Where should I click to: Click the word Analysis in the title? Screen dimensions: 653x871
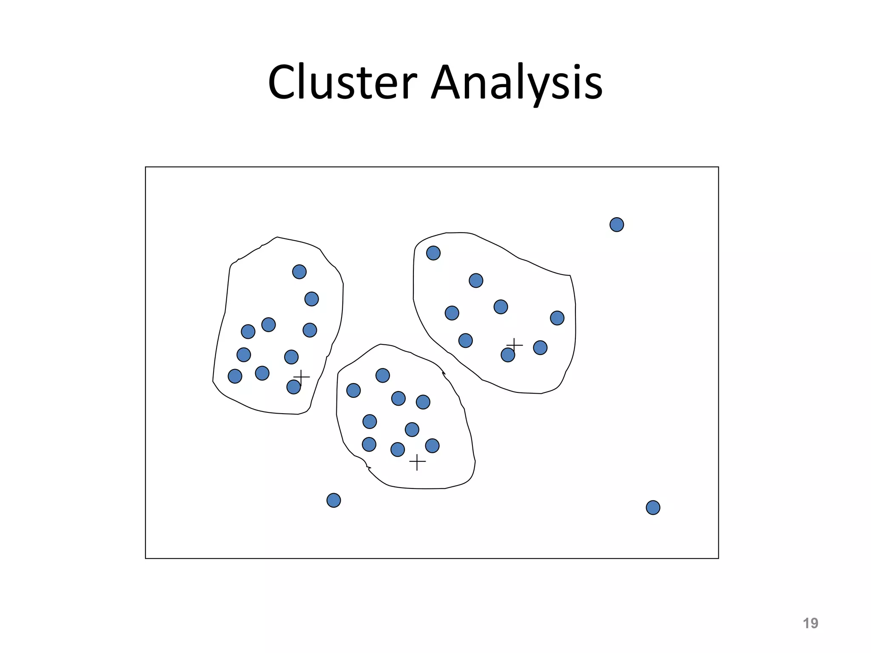click(517, 83)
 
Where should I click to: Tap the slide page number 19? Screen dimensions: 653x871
click(810, 623)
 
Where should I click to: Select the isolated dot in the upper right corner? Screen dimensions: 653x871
click(617, 224)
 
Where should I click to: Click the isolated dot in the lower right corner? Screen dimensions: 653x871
click(653, 508)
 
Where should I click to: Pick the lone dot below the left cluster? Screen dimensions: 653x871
click(334, 500)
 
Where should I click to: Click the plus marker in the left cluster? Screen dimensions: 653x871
click(302, 377)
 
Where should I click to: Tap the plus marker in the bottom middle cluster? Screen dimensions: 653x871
click(417, 462)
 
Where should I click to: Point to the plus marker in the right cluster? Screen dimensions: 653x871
click(515, 345)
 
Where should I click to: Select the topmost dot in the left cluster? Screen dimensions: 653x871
click(299, 272)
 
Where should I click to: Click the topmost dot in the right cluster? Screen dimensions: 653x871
click(433, 253)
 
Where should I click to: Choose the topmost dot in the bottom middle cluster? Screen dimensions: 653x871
click(383, 375)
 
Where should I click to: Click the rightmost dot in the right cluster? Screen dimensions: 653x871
click(557, 318)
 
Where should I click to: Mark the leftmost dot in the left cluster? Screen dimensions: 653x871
click(235, 376)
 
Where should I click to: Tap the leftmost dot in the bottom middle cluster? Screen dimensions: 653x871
click(353, 390)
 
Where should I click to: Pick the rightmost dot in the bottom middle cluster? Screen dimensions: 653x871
click(432, 446)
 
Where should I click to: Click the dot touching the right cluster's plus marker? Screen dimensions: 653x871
click(508, 355)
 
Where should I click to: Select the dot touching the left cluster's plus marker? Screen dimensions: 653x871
click(293, 387)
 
